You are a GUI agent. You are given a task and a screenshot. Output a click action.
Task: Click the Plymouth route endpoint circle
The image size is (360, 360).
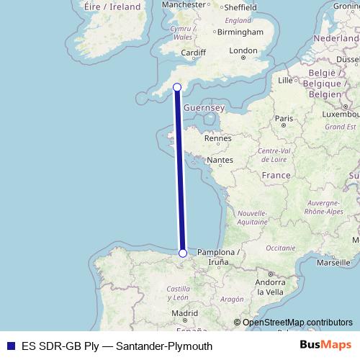pos(177,87)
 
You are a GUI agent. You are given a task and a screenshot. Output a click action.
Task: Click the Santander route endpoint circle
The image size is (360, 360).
pos(183,253)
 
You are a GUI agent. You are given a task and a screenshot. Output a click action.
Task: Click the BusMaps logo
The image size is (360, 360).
pos(325,346)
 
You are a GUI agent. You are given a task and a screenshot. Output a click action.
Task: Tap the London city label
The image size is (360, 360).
pos(243,50)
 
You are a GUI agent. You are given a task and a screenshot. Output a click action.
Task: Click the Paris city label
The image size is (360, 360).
pos(285,119)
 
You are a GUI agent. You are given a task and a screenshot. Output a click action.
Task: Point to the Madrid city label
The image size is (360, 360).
pos(184,314)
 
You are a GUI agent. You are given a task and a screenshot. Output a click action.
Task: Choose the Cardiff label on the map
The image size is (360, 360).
pos(194,53)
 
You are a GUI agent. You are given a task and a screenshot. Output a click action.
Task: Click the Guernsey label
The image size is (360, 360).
pos(204,107)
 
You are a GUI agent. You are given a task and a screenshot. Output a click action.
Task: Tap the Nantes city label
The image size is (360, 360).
pos(221,160)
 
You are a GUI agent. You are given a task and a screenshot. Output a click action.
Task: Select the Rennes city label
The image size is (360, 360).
pos(217,138)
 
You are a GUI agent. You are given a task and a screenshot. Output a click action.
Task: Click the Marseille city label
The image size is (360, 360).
pos(332,264)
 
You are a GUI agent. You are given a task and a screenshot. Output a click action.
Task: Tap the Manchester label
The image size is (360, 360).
pos(184,4)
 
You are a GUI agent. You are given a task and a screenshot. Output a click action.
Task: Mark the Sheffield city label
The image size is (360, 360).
pos(240,7)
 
